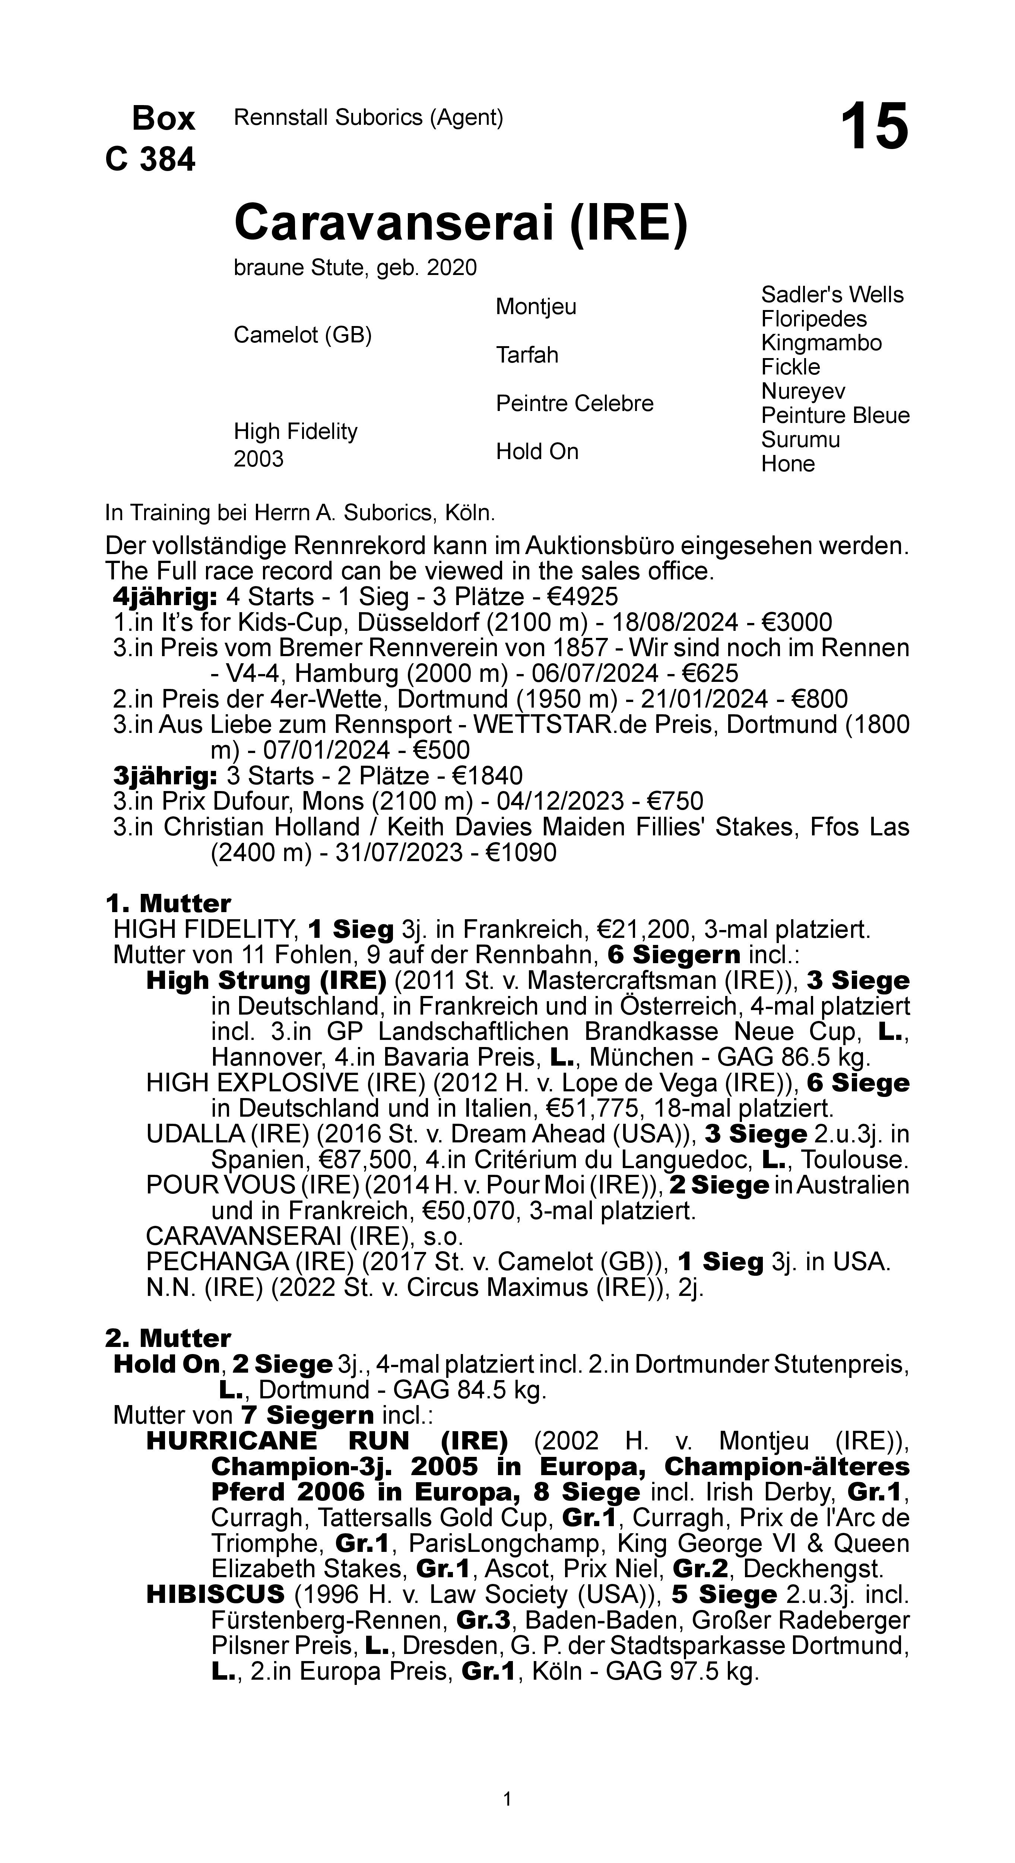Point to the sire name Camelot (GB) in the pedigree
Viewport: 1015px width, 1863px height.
[x=302, y=336]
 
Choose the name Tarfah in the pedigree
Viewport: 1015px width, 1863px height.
[x=527, y=355]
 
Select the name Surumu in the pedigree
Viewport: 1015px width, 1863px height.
[x=800, y=440]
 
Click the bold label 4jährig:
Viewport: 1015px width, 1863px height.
[x=165, y=597]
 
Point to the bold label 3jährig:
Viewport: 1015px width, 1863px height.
[x=165, y=776]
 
